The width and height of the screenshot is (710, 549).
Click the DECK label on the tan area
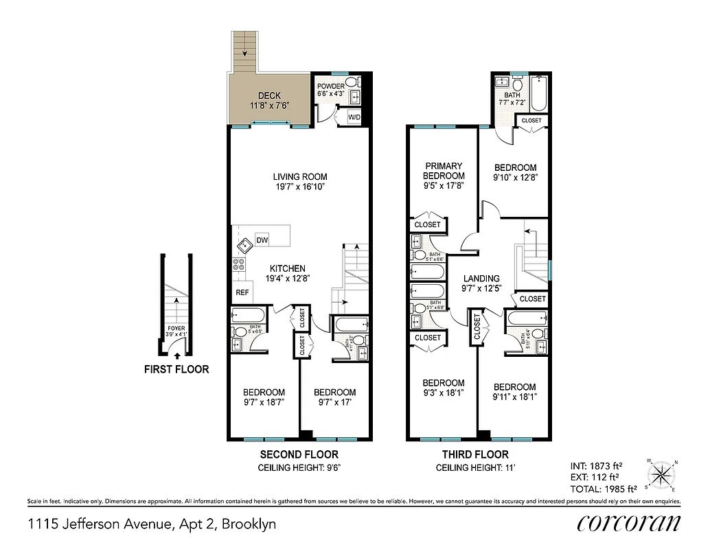pos(269,96)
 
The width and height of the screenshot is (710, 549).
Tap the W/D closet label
pos(354,117)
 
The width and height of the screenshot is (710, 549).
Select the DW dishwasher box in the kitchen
pos(262,240)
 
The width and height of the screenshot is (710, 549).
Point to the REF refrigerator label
pos(242,292)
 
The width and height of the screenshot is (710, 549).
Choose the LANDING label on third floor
pos(481,278)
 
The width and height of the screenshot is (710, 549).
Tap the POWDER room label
pos(330,86)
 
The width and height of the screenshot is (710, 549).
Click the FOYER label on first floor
pos(176,328)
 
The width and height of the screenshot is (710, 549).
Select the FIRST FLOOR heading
pos(176,369)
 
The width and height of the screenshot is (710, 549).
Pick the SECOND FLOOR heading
pos(299,454)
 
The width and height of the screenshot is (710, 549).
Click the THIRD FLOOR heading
pos(476,454)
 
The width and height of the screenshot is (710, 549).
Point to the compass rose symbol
pos(661,475)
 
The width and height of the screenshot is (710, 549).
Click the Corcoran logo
pos(629,523)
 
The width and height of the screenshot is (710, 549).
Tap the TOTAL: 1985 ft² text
pos(604,489)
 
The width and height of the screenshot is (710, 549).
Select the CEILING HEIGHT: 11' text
pos(476,468)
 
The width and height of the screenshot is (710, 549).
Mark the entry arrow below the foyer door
pos(177,355)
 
